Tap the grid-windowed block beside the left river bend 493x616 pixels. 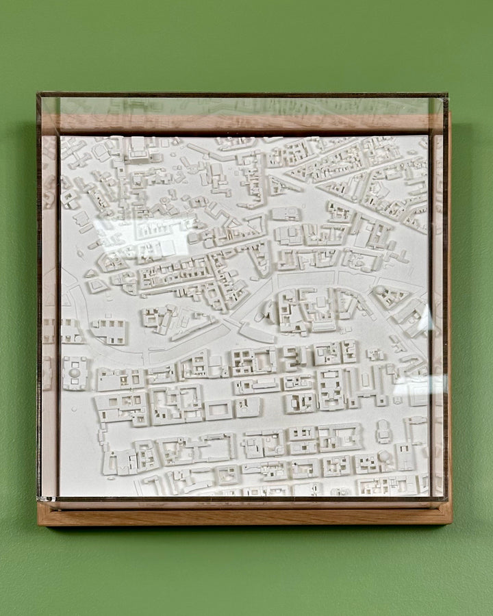tap(110, 331)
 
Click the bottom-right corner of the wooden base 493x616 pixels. tap(451, 524)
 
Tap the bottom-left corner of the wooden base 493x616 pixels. tap(38, 525)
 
